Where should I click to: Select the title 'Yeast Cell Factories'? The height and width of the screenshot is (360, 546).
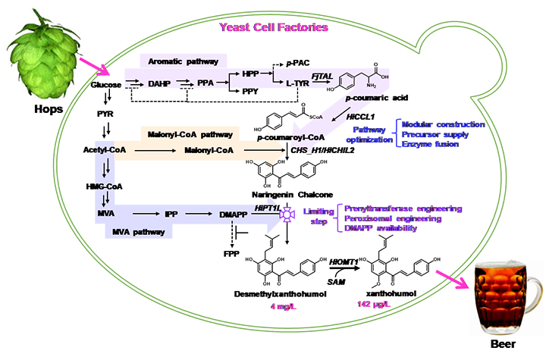pyautogui.click(x=273, y=27)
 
